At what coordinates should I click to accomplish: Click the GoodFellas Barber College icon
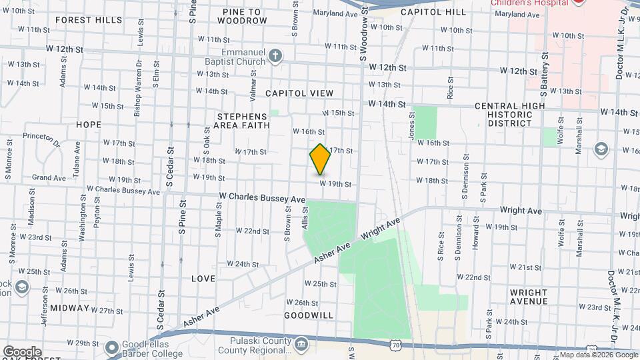click(111, 348)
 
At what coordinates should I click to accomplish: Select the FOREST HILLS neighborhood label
click(89, 20)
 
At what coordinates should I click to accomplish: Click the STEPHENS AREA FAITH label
click(243, 120)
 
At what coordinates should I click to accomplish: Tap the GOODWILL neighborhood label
click(309, 315)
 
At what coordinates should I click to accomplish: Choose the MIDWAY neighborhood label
click(69, 308)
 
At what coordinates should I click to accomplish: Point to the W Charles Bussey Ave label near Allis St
click(261, 198)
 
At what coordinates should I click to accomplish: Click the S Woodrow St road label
click(364, 33)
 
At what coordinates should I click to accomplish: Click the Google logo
click(21, 351)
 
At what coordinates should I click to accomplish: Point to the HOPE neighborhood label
click(89, 125)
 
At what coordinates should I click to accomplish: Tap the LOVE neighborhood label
click(203, 278)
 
